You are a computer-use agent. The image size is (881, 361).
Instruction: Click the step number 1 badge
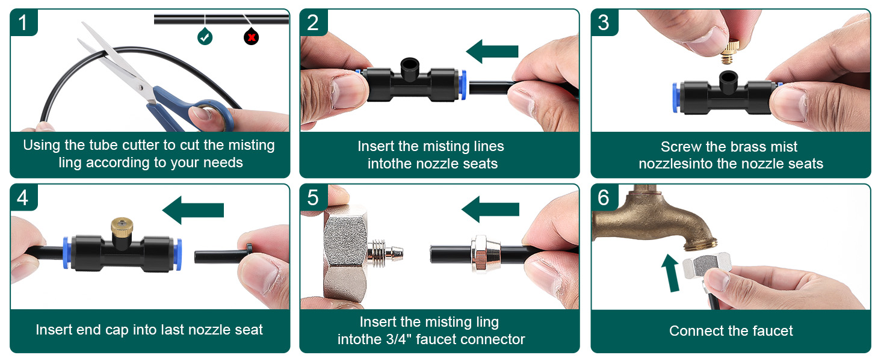click(x=23, y=22)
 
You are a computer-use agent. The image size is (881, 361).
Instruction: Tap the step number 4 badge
click(x=23, y=197)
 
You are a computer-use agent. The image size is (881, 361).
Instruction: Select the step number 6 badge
click(x=604, y=197)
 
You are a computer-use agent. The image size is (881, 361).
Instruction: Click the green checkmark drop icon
click(x=205, y=36)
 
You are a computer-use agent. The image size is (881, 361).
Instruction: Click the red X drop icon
click(x=252, y=36)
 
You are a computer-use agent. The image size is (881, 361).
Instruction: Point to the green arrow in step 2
click(x=492, y=52)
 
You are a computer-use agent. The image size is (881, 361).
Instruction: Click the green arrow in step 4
click(x=193, y=210)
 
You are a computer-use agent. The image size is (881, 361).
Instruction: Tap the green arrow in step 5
click(x=490, y=209)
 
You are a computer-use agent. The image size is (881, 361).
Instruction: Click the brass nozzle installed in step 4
click(x=122, y=230)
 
